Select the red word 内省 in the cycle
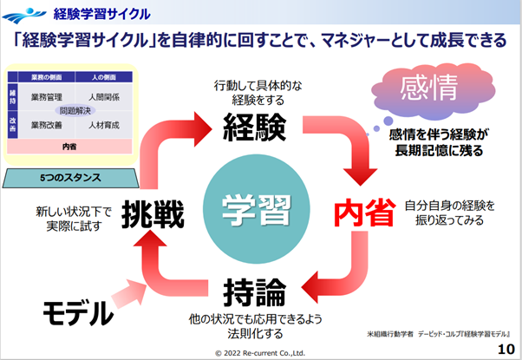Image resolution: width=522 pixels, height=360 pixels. [x=365, y=213]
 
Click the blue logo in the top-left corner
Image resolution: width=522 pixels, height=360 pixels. [x=23, y=13]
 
